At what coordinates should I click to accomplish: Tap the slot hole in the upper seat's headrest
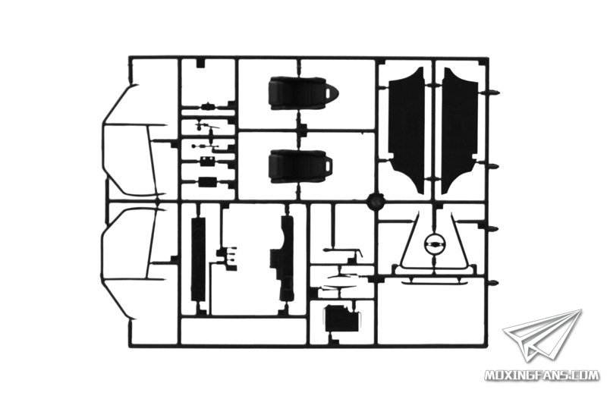pos(331,93)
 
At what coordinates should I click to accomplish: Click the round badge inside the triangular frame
pos(434,243)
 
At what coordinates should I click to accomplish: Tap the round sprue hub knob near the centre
pos(375,201)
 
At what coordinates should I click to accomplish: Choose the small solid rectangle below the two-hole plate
pos(207,182)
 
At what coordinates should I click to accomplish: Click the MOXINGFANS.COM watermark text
pos(542,375)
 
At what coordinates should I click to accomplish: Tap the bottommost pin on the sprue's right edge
pos(492,282)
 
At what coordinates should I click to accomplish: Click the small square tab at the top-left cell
pos(200,64)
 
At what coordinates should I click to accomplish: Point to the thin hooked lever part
pos(344,251)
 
